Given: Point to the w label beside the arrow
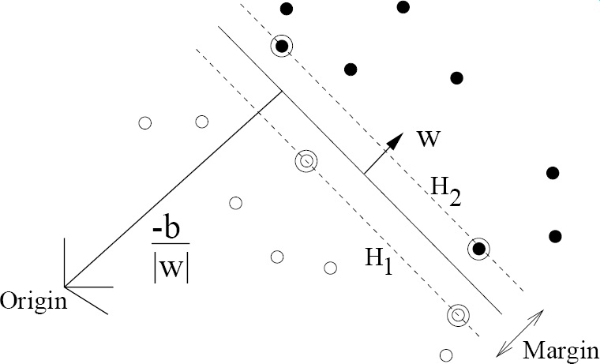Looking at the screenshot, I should (429, 139).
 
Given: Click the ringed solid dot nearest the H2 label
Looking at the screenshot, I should (478, 250).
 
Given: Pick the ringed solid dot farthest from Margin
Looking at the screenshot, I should (281, 46).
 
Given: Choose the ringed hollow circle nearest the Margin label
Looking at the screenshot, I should (457, 314).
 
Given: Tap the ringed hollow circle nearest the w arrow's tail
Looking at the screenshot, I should (305, 161).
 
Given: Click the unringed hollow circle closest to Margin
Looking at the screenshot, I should (445, 355).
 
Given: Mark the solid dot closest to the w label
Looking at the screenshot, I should (456, 77).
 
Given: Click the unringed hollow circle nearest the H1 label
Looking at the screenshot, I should (331, 268).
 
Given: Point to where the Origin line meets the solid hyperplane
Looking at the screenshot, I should (281, 92).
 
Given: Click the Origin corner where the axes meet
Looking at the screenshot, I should (66, 286).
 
